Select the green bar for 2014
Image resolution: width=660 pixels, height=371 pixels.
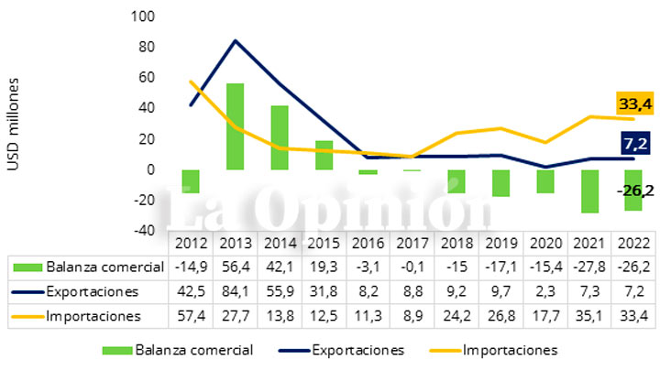[280, 137]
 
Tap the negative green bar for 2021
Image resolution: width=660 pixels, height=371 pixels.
[588, 191]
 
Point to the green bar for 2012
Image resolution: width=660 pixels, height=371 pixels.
[191, 180]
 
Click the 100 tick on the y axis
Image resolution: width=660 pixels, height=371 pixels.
[144, 16]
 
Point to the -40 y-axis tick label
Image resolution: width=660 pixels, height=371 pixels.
[145, 230]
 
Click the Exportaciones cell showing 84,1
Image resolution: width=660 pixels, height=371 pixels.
[236, 291]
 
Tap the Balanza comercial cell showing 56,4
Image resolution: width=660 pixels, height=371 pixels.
[236, 267]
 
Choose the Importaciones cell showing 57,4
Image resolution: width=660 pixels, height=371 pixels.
[192, 316]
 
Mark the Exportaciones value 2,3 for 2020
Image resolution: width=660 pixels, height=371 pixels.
[545, 291]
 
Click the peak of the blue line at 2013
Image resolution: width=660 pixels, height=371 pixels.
[236, 40]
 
